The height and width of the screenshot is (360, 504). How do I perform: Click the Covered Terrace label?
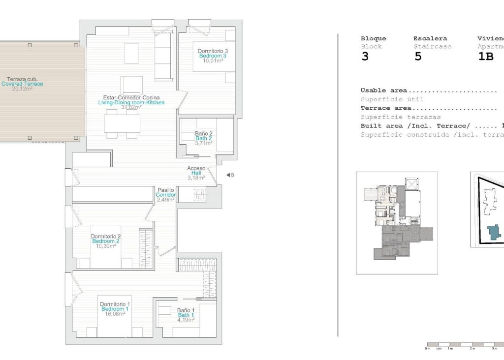click(22, 84)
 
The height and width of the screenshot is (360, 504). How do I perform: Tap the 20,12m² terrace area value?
click(22, 89)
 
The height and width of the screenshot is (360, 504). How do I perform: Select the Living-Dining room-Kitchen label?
click(131, 103)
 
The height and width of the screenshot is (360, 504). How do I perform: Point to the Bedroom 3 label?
click(213, 56)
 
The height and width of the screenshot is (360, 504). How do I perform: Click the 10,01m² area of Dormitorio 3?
click(213, 61)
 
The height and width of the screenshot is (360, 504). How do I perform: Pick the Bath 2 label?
click(203, 139)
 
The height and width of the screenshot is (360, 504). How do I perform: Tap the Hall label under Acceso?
click(196, 173)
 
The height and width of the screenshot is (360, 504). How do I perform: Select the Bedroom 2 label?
click(105, 241)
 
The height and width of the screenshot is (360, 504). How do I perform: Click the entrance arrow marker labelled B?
click(229, 175)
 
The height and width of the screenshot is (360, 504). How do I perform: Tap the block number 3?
click(365, 56)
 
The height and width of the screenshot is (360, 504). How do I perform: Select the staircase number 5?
click(418, 56)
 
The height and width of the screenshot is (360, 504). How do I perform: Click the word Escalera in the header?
click(430, 38)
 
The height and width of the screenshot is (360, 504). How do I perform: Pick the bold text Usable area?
click(383, 90)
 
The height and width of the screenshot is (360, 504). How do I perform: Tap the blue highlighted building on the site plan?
click(494, 233)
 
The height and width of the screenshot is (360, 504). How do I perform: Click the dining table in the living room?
click(122, 122)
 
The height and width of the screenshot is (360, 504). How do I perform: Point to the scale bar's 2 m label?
click(472, 349)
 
